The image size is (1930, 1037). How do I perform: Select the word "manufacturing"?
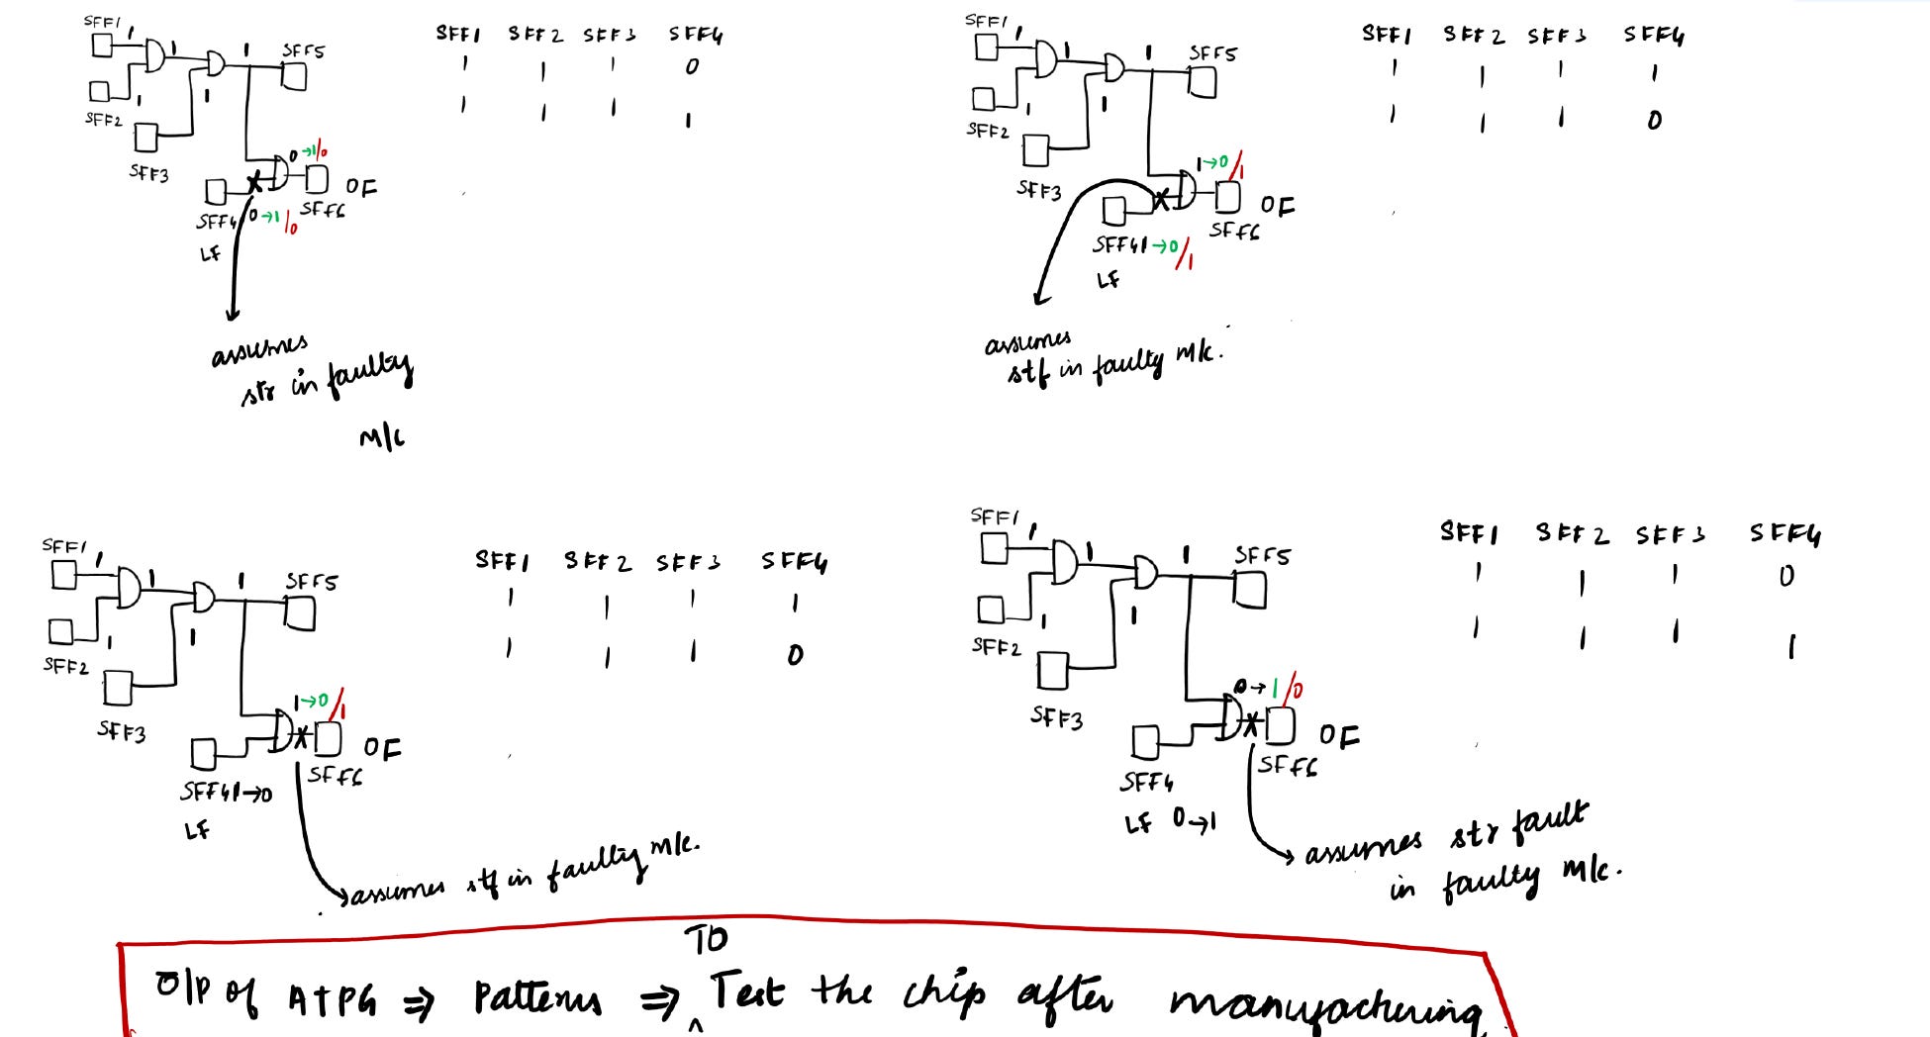(1326, 1004)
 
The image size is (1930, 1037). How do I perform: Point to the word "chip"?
(944, 993)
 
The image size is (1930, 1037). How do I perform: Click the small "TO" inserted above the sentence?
(706, 940)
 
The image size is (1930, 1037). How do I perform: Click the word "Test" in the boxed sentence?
(747, 991)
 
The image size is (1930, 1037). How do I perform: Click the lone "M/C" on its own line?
(382, 436)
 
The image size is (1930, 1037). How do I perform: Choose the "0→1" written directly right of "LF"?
(1194, 820)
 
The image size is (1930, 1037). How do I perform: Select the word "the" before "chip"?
(842, 990)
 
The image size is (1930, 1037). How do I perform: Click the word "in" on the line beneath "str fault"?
(1403, 888)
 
